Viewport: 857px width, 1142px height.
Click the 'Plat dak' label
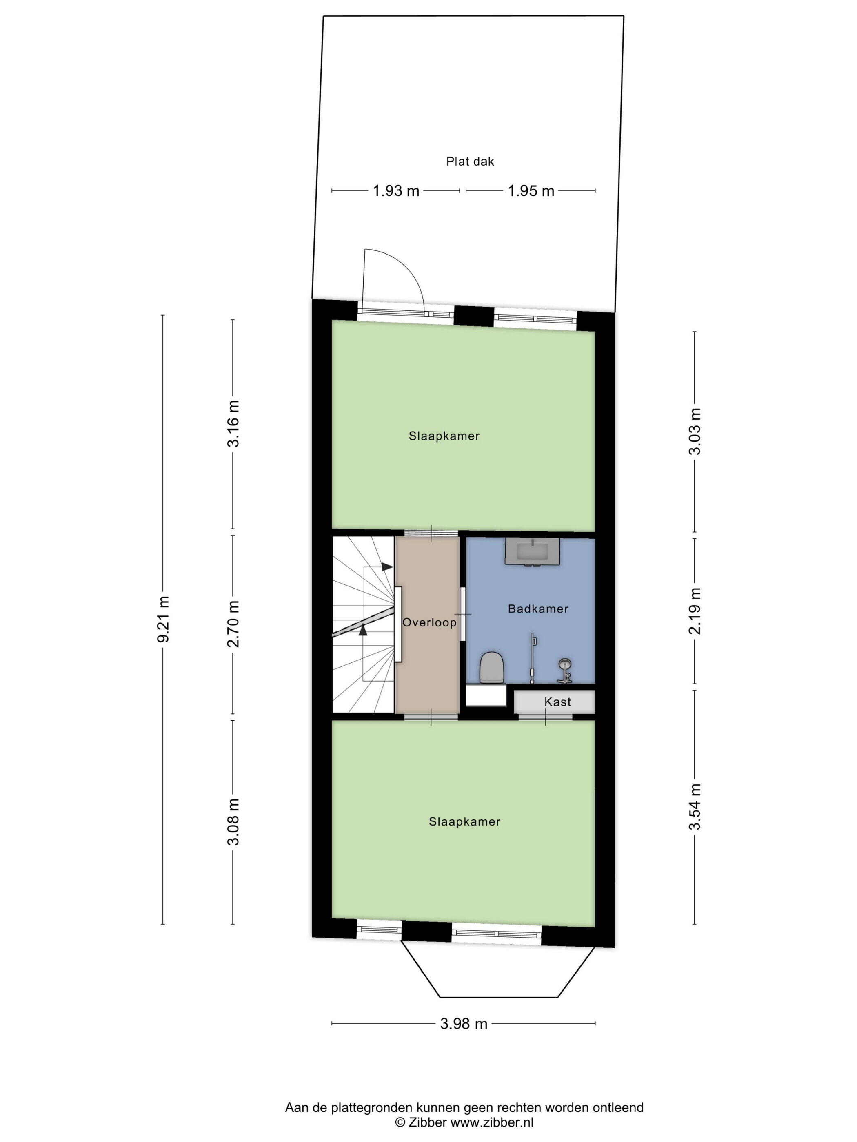pos(470,162)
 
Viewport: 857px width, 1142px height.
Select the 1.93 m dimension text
pos(396,191)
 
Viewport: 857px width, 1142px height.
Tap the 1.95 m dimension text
pos(531,191)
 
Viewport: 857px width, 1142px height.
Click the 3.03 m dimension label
pos(696,431)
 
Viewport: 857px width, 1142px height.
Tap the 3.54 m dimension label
pos(696,806)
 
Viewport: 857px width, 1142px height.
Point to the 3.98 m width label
pos(463,1024)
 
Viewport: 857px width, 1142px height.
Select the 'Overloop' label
pos(429,623)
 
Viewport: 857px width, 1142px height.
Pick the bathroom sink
pos(532,551)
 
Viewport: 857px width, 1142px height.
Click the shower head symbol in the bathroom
pos(566,670)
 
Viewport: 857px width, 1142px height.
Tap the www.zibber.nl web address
pos(492,1121)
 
